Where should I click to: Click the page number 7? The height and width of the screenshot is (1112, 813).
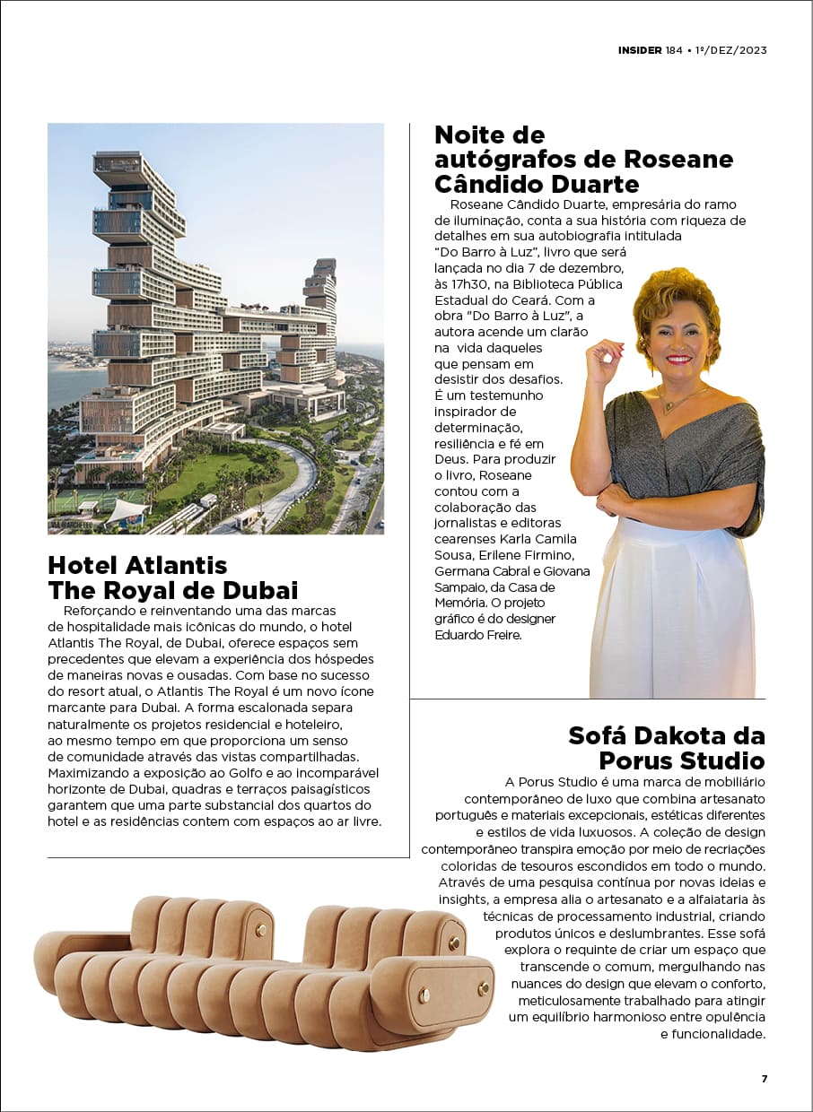(765, 1078)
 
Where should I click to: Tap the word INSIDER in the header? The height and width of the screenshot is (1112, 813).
(640, 50)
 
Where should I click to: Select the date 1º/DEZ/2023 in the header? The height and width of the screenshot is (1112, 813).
(731, 50)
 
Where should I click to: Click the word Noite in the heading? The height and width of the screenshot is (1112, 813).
(469, 135)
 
